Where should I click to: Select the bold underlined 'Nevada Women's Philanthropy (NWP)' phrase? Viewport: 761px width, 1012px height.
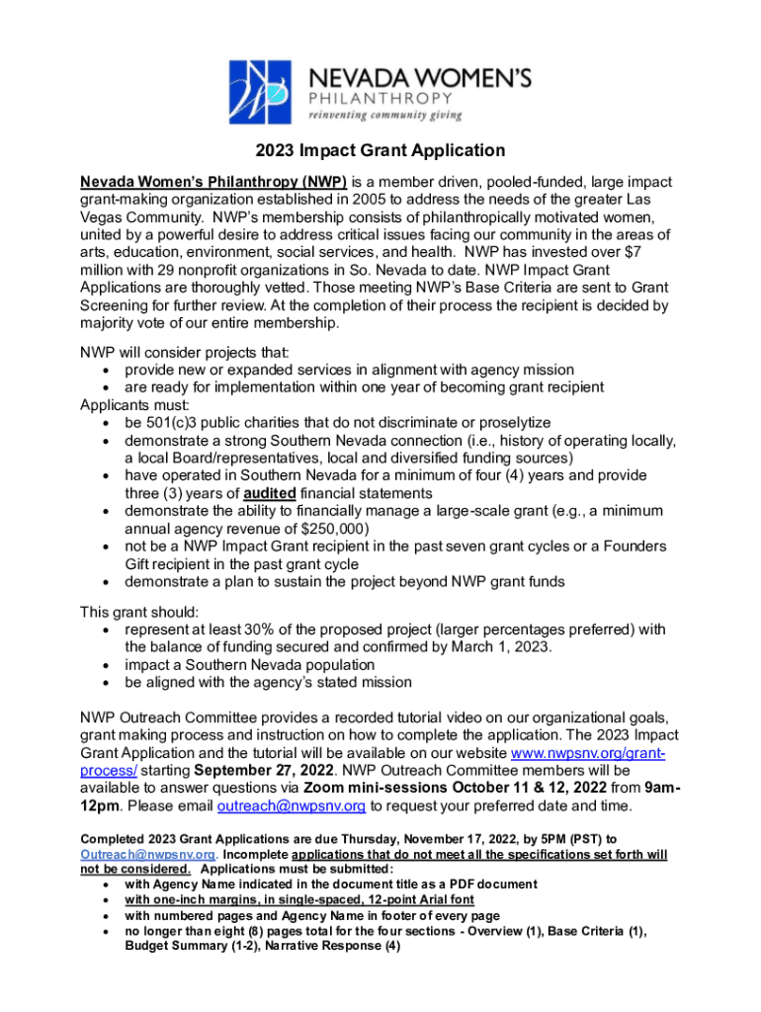point(213,182)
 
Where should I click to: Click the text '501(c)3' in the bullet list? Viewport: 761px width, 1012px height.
point(173,422)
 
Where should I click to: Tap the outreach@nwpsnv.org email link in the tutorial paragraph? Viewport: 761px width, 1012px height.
point(292,806)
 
